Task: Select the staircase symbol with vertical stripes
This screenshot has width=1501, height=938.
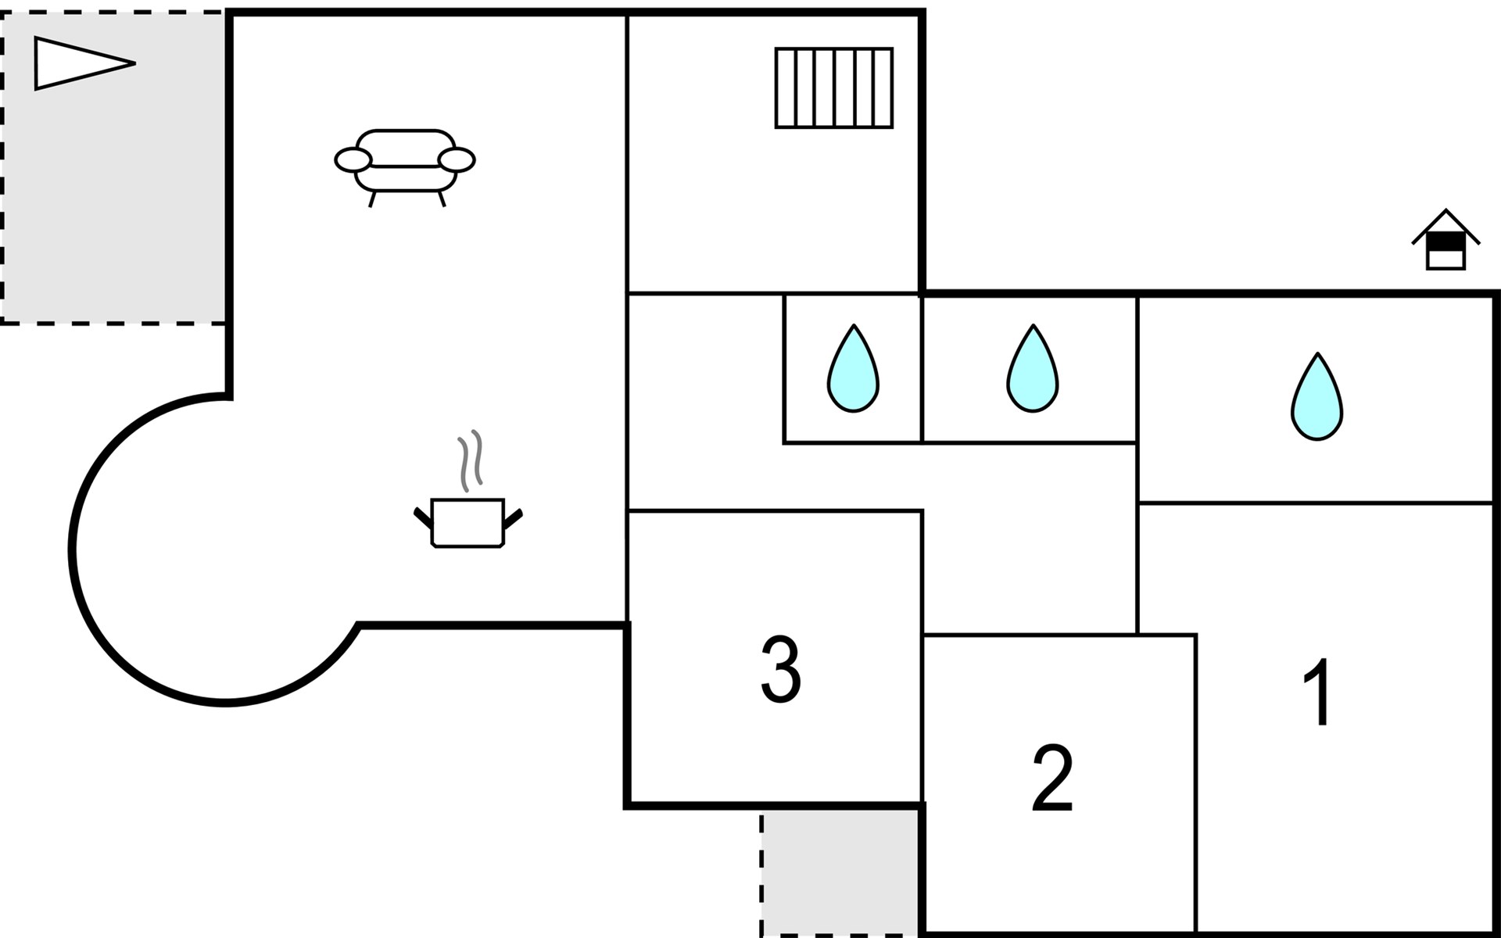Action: [x=834, y=88]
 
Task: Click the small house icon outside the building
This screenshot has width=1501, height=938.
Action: [x=1445, y=240]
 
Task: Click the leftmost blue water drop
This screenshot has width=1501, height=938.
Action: [x=853, y=368]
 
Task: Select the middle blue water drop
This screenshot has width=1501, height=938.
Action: [x=1033, y=368]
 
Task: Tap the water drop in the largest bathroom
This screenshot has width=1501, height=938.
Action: [x=1317, y=396]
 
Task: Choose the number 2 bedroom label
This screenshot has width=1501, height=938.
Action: [x=1052, y=779]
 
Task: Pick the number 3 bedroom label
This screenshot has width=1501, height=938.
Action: [x=781, y=670]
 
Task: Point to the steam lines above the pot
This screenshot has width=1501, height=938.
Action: [x=470, y=461]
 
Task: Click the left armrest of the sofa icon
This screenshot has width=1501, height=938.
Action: [x=353, y=160]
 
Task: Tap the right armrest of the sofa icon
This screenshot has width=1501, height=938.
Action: [x=457, y=160]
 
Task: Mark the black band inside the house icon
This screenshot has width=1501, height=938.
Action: [x=1445, y=242]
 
